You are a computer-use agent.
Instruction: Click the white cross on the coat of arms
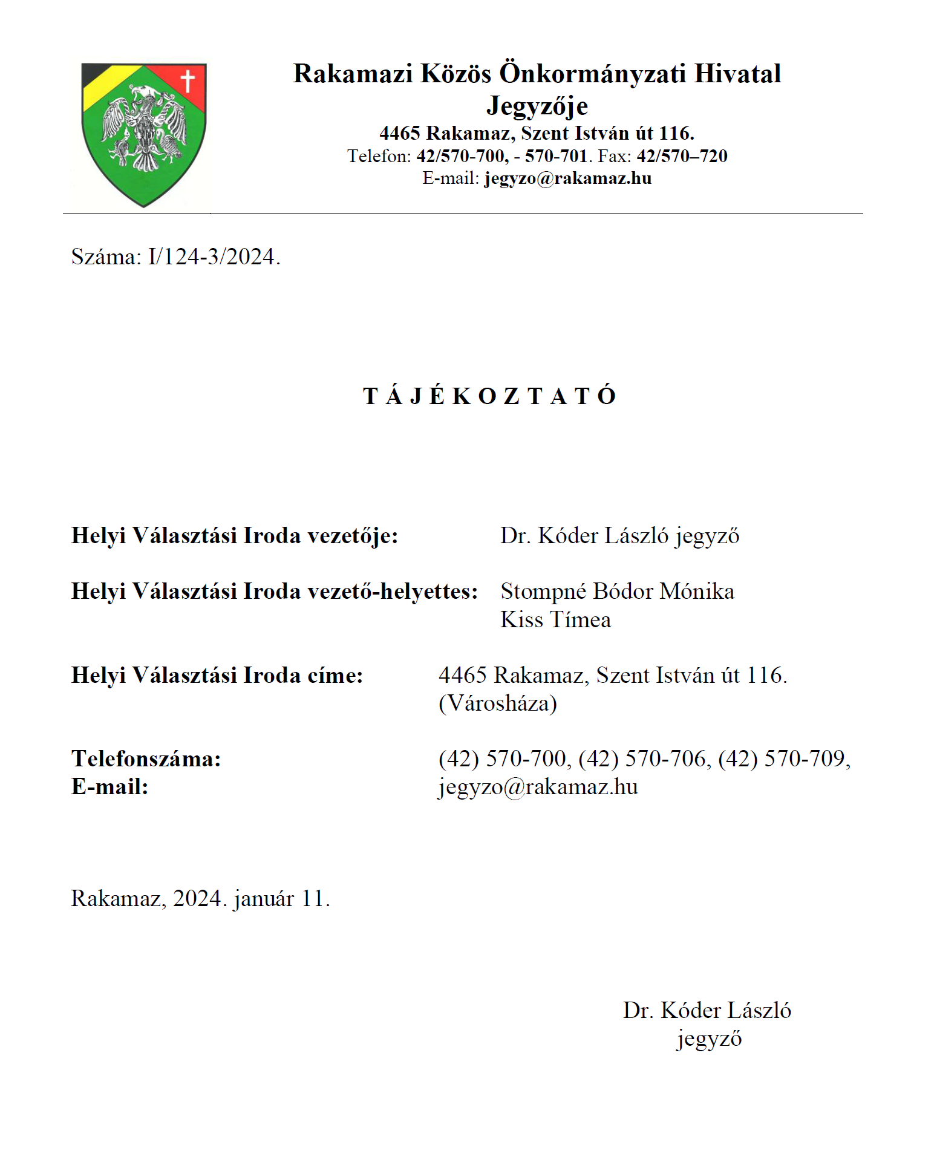click(x=188, y=80)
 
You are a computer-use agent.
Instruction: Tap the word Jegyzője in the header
click(x=537, y=106)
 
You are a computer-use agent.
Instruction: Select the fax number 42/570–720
click(x=682, y=156)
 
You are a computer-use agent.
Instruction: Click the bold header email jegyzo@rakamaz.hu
click(x=567, y=178)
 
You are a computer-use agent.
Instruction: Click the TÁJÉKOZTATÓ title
click(x=489, y=396)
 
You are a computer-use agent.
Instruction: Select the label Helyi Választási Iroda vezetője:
click(x=235, y=536)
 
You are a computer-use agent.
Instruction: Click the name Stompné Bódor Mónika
click(x=617, y=591)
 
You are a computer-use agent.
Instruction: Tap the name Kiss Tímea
click(x=555, y=619)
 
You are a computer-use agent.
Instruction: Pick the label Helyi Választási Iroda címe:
click(x=217, y=675)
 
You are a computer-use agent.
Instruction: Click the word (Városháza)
click(x=497, y=703)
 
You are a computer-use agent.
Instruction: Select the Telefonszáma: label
click(x=146, y=758)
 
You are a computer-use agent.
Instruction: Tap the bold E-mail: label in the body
click(x=110, y=786)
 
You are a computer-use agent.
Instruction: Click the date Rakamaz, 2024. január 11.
click(x=200, y=899)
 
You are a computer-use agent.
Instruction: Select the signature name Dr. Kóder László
click(x=707, y=1011)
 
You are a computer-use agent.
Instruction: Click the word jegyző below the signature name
click(x=708, y=1039)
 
